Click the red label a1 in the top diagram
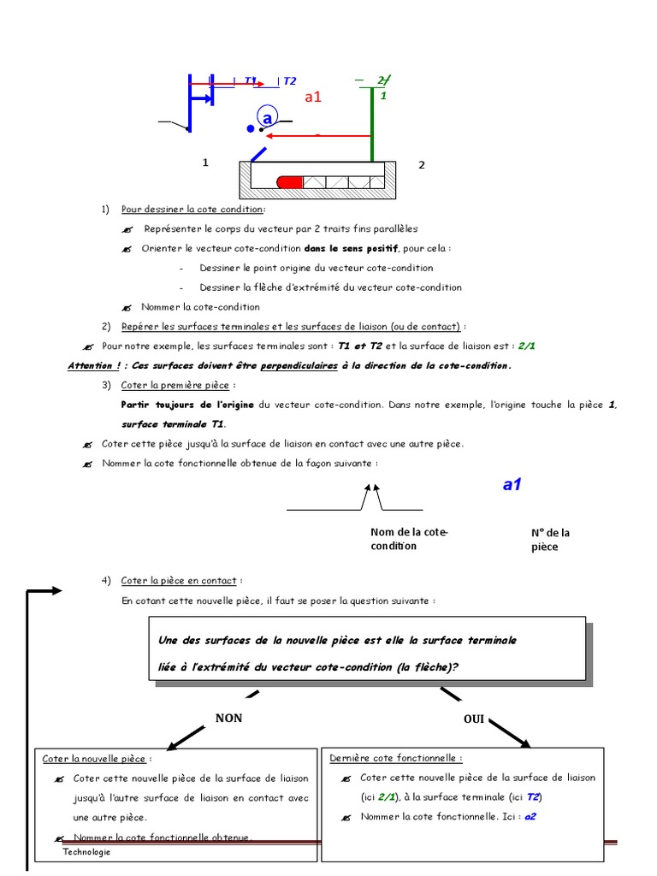coord(312,98)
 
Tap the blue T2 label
coord(289,81)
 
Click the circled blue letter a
coord(267,118)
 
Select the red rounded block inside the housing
coord(290,181)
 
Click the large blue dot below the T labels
coord(251,129)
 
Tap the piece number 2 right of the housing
coord(421,165)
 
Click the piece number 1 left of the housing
coord(205,163)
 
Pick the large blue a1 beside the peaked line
coord(512,485)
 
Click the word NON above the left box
coord(228,718)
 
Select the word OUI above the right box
coord(474,719)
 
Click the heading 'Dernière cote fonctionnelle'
coord(395,757)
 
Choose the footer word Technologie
coord(86,853)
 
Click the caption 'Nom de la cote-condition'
coord(409,539)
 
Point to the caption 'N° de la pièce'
coord(550,539)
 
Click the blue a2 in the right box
coord(530,816)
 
